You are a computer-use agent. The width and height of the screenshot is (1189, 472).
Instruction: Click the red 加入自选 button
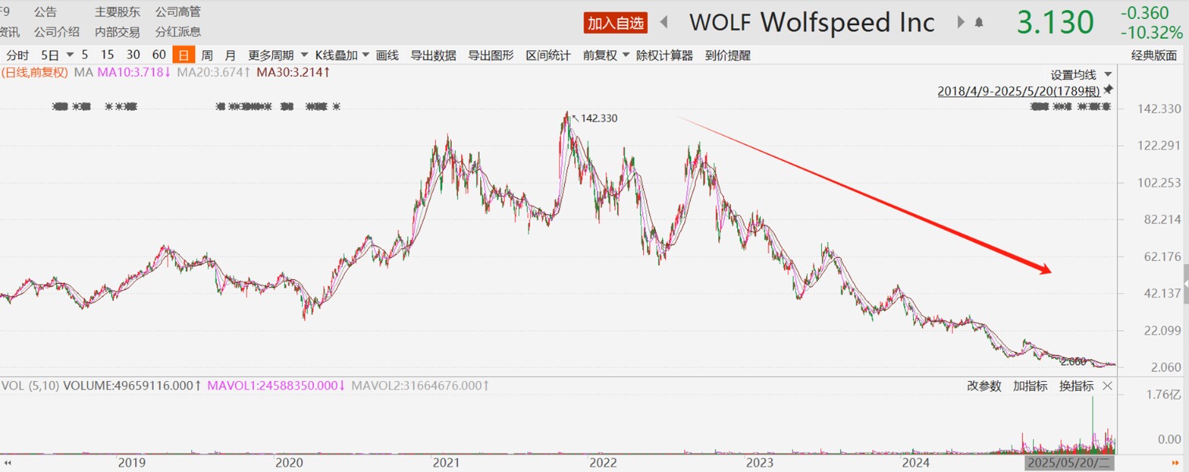[x=616, y=23]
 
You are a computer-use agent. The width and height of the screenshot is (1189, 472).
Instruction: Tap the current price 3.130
[x=1055, y=23]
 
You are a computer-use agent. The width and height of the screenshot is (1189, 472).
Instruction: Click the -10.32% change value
[x=1151, y=33]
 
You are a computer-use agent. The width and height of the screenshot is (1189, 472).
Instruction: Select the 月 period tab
[x=230, y=55]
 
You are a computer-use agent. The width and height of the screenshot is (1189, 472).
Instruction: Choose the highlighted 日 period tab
[x=183, y=55]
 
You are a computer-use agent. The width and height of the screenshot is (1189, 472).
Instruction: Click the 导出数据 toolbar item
[x=433, y=55]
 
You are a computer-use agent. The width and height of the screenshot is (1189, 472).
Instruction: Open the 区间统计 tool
[x=547, y=55]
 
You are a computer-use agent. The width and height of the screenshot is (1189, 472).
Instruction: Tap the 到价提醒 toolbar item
[x=727, y=55]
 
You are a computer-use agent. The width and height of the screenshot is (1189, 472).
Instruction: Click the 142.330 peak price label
[x=599, y=118]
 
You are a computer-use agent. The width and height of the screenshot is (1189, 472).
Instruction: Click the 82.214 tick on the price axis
[x=1162, y=220]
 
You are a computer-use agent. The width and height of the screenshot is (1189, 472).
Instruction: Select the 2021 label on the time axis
[x=446, y=463]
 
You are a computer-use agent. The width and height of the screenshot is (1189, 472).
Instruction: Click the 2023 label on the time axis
[x=760, y=463]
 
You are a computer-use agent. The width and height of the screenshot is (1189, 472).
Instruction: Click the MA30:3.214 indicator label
[x=293, y=72]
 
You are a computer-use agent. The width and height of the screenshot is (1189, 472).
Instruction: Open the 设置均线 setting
[x=1073, y=74]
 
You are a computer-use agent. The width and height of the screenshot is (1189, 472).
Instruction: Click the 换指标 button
[x=1076, y=386]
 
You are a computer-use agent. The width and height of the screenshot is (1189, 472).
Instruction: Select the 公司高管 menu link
[x=177, y=12]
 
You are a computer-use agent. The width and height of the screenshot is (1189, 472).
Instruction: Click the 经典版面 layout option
[x=1154, y=55]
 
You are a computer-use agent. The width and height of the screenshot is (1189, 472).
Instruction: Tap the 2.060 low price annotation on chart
[x=1073, y=361]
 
